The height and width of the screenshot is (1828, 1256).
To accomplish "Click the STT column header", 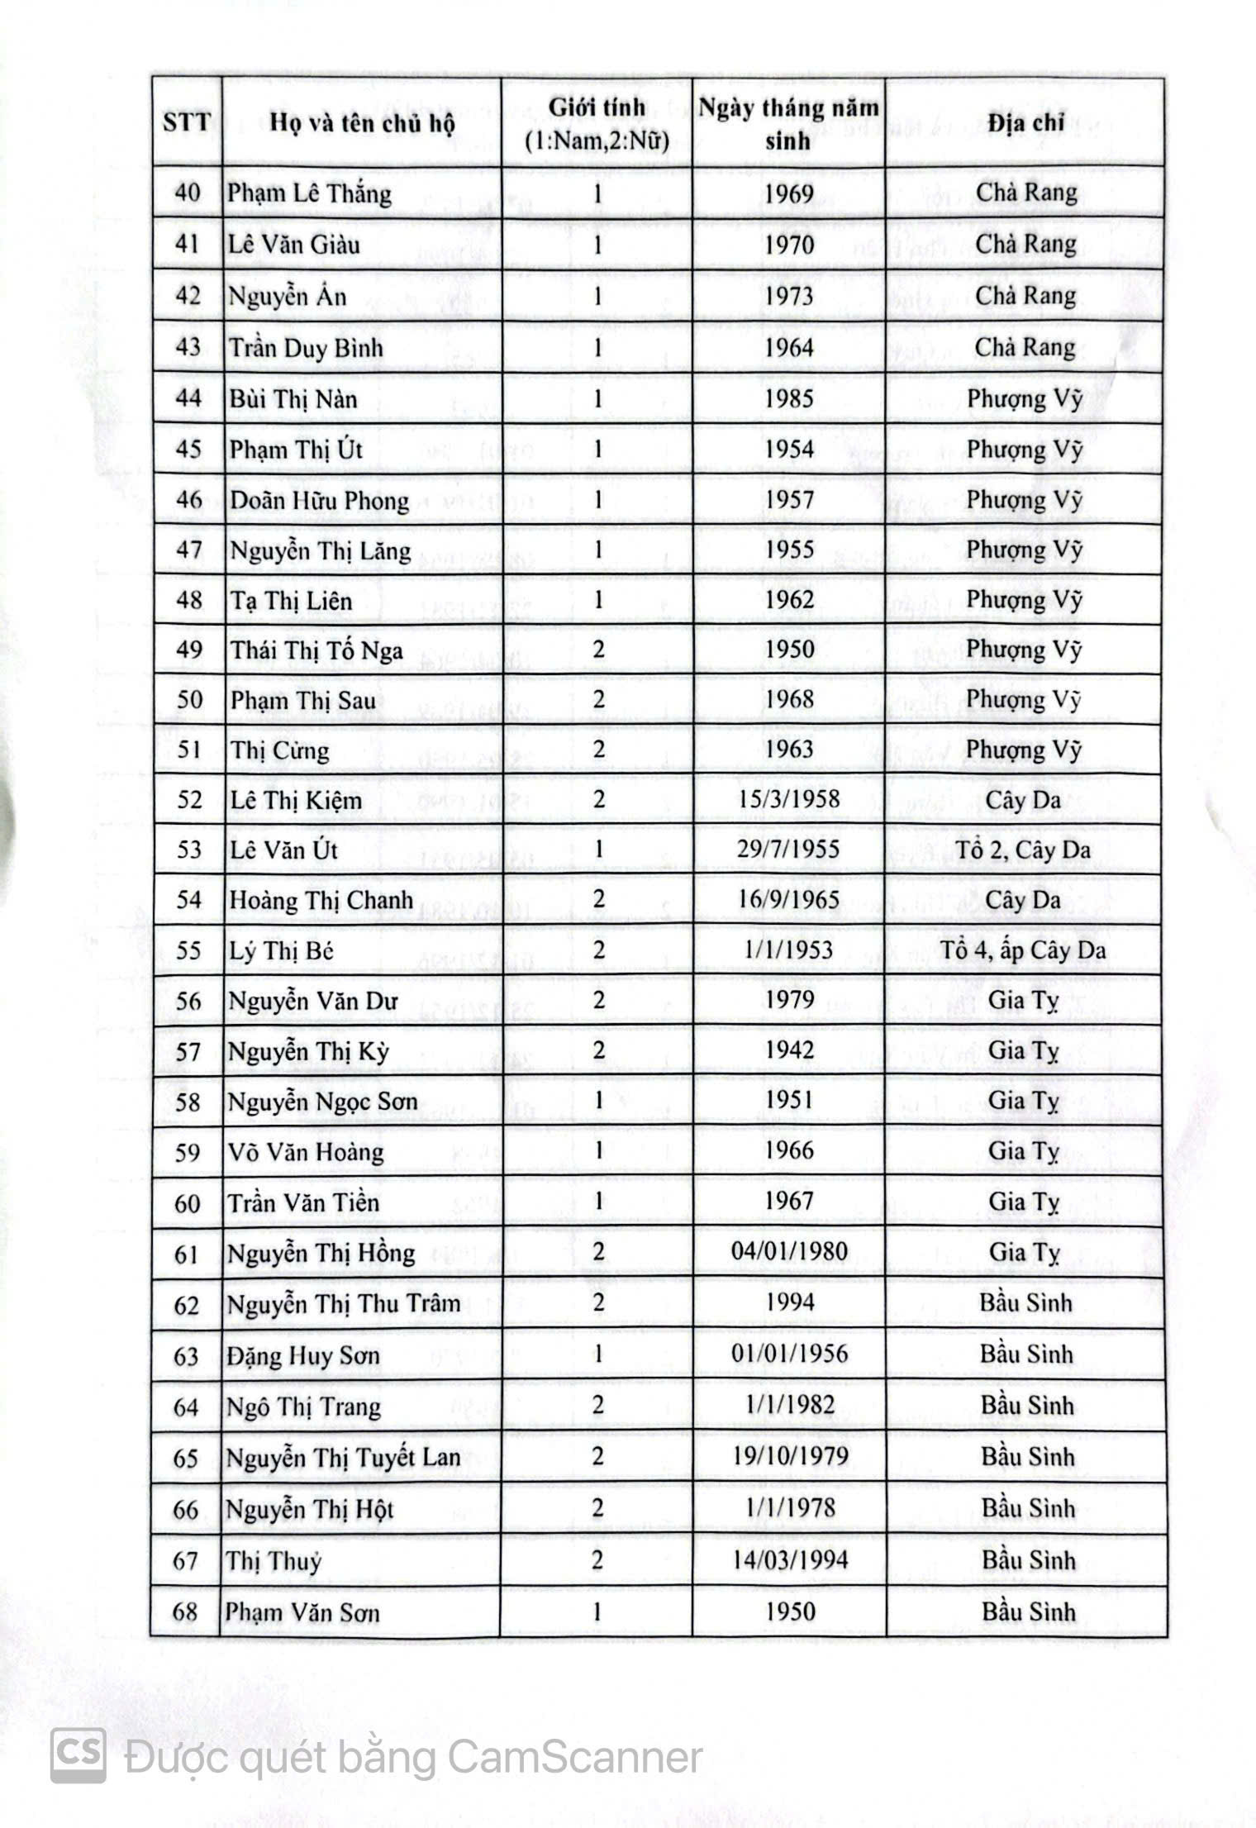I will coord(187,123).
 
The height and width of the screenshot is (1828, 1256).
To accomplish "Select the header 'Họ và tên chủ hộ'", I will coord(361,124).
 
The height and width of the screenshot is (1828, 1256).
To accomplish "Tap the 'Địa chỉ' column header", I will coord(1025,123).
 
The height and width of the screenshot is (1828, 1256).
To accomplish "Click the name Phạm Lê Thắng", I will coord(309,193).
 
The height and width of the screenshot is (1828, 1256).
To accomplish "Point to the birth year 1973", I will coord(789,296).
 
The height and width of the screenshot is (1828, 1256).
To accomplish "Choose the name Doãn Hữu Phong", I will coord(319,501).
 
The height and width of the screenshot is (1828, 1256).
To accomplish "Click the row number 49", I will coord(189,650).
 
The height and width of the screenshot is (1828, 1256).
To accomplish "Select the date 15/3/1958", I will coord(790,799).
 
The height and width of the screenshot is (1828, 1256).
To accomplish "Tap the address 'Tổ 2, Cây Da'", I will coord(1023,850).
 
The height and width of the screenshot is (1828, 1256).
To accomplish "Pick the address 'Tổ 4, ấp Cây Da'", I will coord(1023,950).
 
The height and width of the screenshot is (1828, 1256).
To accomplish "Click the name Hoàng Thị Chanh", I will coord(321,900).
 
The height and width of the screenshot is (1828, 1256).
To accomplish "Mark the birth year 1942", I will coord(789,1050).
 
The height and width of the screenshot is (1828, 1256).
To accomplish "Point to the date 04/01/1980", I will coord(789,1251).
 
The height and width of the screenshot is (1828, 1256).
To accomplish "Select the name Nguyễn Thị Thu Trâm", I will coord(344,1303).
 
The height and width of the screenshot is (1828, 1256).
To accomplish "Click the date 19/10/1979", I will coord(790,1455).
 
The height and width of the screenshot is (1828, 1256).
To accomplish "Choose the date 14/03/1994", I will coord(790,1559).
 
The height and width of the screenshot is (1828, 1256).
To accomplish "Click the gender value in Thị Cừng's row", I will coord(598,750).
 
